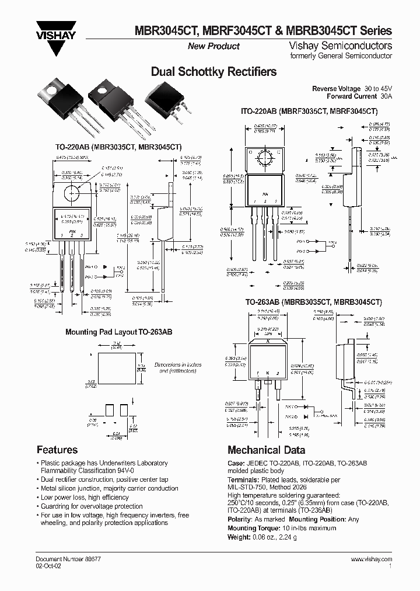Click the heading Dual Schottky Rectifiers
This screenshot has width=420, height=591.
pos(213,72)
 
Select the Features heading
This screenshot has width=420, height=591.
pos(57,450)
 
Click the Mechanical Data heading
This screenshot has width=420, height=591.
pos(266,450)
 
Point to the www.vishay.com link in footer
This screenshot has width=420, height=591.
pos(372,559)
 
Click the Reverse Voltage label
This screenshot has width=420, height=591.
pos(332,88)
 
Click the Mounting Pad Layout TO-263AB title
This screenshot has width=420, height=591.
pos(118,332)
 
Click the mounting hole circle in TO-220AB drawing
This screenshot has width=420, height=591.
pos(73,190)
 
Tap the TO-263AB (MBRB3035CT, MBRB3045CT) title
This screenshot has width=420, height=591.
pos(313,303)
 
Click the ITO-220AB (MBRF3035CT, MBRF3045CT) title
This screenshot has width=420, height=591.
pos(309,111)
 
